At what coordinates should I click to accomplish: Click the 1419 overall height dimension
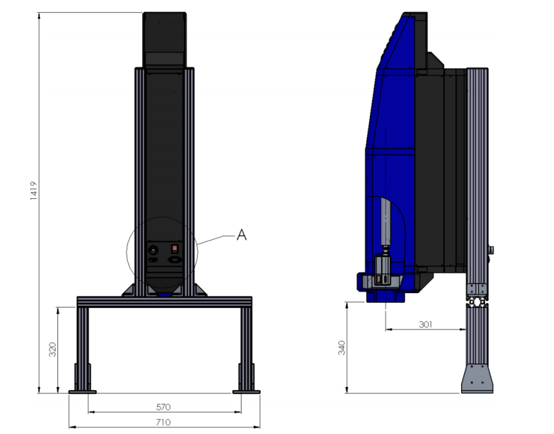click(34, 191)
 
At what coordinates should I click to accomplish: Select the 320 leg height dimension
click(52, 349)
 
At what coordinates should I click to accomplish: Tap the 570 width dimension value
click(163, 407)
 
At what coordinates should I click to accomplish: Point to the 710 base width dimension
click(163, 422)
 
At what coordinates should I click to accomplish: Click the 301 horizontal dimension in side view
click(426, 324)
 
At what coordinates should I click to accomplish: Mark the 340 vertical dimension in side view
click(342, 347)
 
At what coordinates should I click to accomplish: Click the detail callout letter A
click(241, 234)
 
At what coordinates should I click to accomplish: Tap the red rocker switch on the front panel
click(175, 249)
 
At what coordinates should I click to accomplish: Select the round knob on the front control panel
click(153, 250)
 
